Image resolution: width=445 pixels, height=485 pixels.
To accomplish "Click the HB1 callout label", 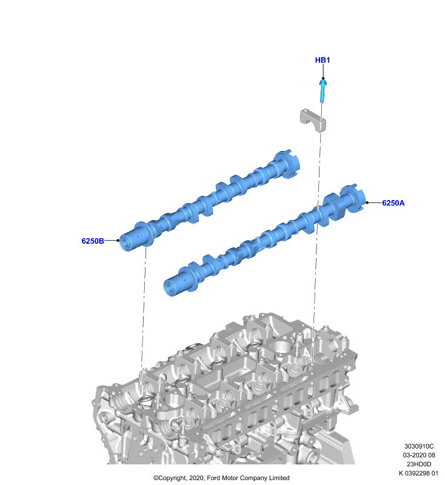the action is coord(322,60).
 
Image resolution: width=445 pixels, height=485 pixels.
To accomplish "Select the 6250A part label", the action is coord(393,203).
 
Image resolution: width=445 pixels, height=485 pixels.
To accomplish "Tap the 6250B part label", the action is coord(93,241).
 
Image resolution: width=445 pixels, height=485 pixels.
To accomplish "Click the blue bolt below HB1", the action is coord(323,92).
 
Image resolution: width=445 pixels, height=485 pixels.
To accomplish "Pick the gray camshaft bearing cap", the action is coord(313,120).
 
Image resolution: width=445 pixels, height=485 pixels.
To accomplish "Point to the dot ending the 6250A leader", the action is coord(367,202).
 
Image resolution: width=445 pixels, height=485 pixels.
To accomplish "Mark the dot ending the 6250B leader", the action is coord(118,240).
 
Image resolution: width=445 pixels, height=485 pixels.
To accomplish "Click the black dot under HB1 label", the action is coord(323,79).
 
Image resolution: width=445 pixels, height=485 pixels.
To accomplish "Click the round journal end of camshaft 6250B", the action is coord(127,242).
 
